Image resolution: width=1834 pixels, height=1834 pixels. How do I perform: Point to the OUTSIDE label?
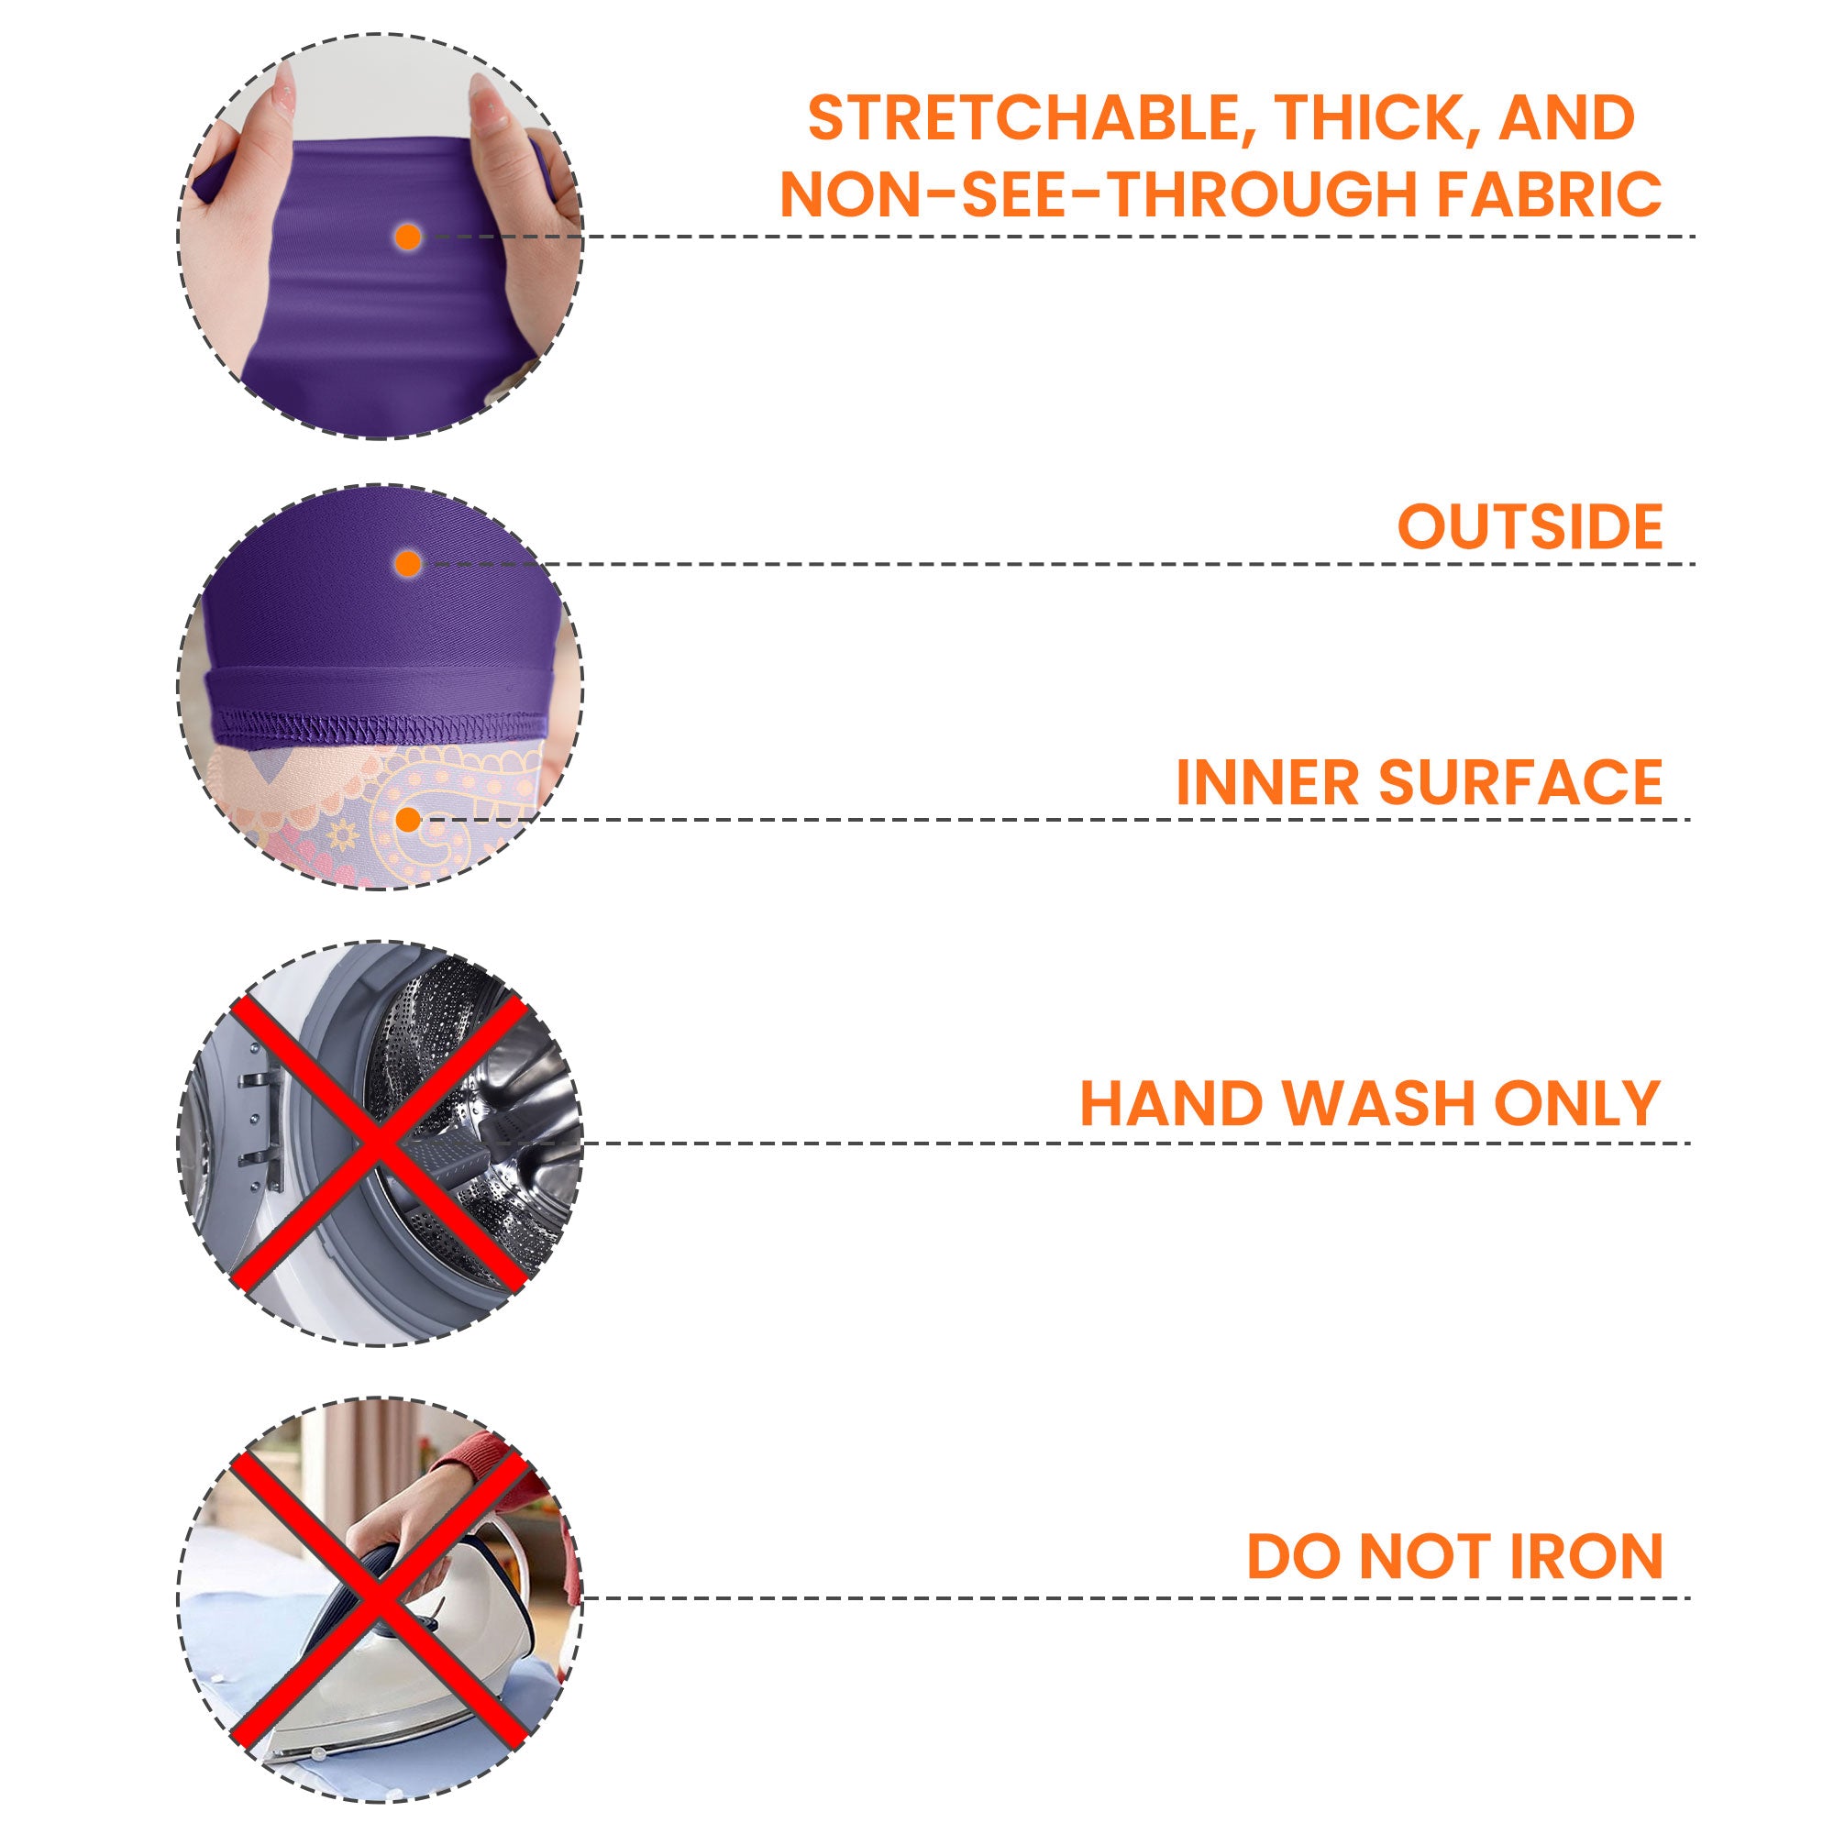(1530, 525)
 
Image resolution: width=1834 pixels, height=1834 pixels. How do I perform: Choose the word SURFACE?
(1520, 782)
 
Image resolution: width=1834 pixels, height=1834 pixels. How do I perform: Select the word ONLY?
(1576, 1103)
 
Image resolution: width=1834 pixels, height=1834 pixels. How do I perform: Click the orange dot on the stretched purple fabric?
(408, 237)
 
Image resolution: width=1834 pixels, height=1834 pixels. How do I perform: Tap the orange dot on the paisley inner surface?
(408, 819)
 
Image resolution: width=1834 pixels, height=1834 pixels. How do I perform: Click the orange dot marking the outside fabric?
(408, 564)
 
